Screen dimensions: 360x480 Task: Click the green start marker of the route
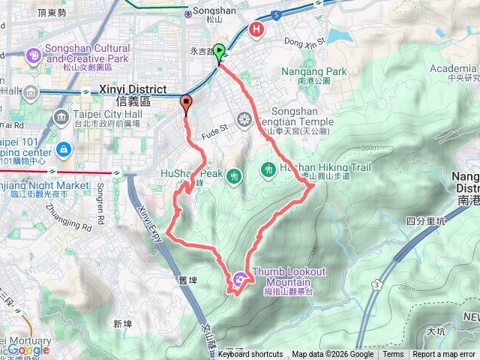pos(219,52)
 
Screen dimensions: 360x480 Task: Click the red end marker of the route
pos(186,103)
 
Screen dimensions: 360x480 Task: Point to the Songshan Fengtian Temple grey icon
pos(244,118)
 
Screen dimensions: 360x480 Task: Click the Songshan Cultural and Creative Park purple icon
pos(34,55)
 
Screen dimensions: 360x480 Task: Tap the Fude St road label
pos(213,128)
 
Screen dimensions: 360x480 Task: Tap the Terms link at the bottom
pos(393,355)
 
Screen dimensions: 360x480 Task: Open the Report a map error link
pos(443,355)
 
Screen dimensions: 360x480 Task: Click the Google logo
pos(28,349)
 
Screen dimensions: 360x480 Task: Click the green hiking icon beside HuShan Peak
pos(235,175)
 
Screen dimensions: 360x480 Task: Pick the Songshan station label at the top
pos(214,11)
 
